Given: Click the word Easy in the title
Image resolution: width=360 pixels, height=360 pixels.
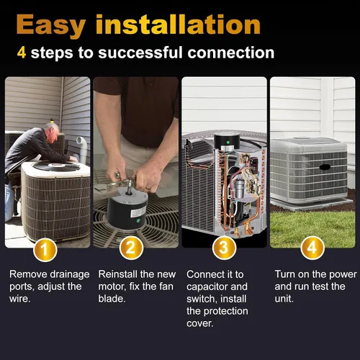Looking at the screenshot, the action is (x=51, y=25).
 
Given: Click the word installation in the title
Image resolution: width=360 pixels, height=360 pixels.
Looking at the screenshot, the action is (x=178, y=24).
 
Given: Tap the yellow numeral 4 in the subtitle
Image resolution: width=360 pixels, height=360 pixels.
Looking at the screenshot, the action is (x=22, y=53).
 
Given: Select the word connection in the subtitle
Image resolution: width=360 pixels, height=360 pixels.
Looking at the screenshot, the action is (x=231, y=53).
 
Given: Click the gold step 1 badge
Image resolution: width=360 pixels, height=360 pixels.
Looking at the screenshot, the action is (x=45, y=250).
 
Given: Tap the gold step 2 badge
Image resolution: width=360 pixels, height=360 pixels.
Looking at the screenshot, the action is (x=131, y=248).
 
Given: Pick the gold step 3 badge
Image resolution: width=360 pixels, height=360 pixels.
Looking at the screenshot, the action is (x=224, y=248).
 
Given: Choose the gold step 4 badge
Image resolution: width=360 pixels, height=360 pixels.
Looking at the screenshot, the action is (x=312, y=248).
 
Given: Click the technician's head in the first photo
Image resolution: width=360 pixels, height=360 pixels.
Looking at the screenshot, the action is (x=51, y=132).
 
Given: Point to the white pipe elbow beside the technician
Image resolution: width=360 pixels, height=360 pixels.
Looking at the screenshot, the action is (x=82, y=149).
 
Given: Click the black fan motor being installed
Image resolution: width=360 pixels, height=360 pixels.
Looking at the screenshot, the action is (x=127, y=208).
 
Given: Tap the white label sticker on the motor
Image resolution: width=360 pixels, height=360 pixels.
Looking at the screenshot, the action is (x=138, y=212).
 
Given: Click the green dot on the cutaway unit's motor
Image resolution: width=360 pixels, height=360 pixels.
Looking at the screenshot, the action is (x=228, y=143).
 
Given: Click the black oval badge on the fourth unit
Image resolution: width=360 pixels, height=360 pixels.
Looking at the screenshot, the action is (x=325, y=167).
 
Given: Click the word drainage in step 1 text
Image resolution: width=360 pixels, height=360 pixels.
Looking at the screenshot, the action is (x=70, y=275).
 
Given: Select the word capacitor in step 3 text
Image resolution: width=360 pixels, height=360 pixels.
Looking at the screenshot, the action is (x=204, y=287).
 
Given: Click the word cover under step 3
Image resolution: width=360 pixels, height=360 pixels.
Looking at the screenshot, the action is (x=199, y=323).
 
